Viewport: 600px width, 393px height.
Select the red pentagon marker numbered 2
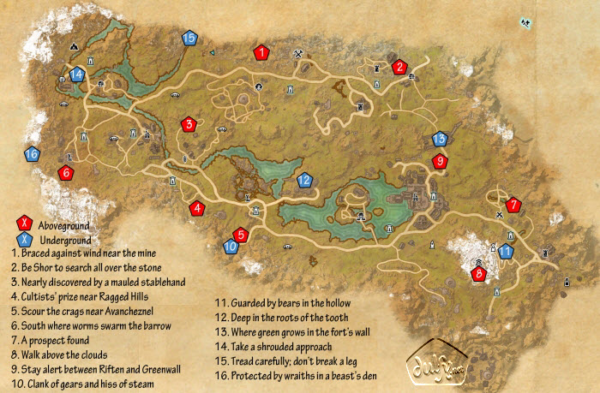399,67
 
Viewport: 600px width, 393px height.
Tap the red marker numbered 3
189,125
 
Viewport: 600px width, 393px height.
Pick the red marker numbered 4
197,207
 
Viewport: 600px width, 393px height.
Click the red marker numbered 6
65,173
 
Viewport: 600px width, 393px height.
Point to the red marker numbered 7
513,205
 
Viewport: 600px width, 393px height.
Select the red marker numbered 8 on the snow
478,273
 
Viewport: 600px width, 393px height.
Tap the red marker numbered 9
440,161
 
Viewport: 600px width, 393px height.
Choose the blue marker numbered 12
303,181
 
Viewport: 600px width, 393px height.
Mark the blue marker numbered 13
440,138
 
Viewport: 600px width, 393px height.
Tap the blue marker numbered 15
189,38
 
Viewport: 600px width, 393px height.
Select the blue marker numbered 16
32,155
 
